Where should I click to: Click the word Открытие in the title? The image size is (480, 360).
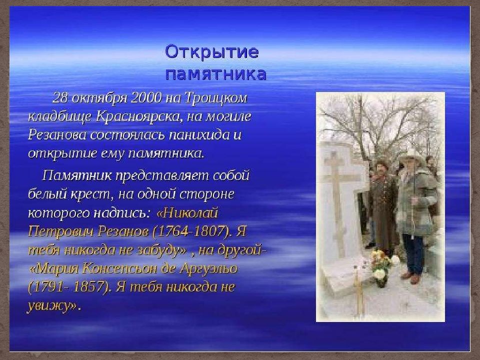(212, 51)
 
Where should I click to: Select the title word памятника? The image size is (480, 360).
(216, 74)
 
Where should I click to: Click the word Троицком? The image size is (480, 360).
(216, 98)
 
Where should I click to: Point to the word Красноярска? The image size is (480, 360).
(139, 116)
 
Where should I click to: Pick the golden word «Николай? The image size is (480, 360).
(187, 213)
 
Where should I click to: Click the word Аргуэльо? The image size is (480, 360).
(208, 268)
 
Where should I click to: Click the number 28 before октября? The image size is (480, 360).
(60, 98)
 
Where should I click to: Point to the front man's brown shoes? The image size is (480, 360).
(411, 276)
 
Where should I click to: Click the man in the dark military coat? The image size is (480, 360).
(382, 208)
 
